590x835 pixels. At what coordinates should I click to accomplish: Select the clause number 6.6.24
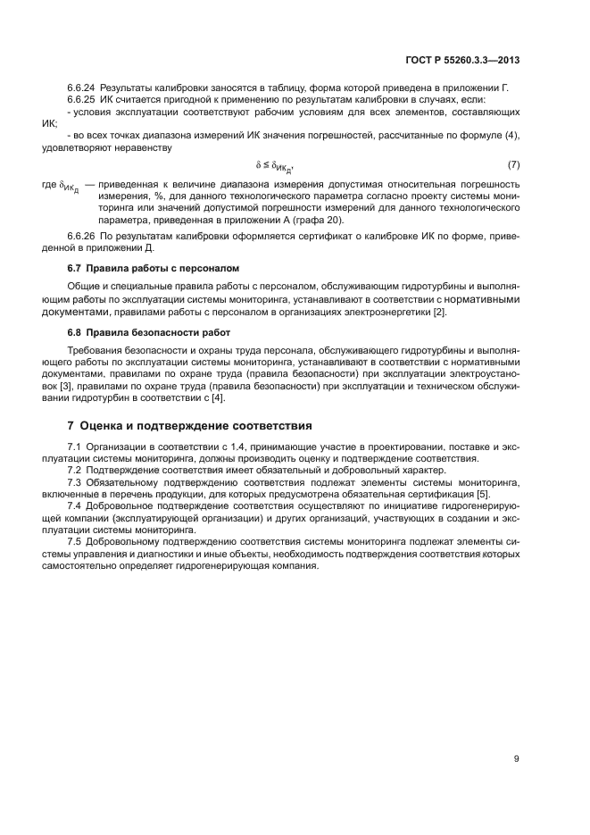click(82, 88)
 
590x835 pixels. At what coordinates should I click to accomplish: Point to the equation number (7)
click(513, 165)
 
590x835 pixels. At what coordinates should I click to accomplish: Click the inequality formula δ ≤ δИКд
click(275, 166)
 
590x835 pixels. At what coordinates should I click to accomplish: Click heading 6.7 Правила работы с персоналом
click(146, 269)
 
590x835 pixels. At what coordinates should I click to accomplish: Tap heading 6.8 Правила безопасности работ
click(147, 331)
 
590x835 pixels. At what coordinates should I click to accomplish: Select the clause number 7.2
click(75, 470)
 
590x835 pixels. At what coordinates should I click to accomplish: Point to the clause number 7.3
click(75, 481)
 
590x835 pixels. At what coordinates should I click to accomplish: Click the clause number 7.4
click(75, 505)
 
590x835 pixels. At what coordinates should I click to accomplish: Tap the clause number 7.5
click(75, 541)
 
